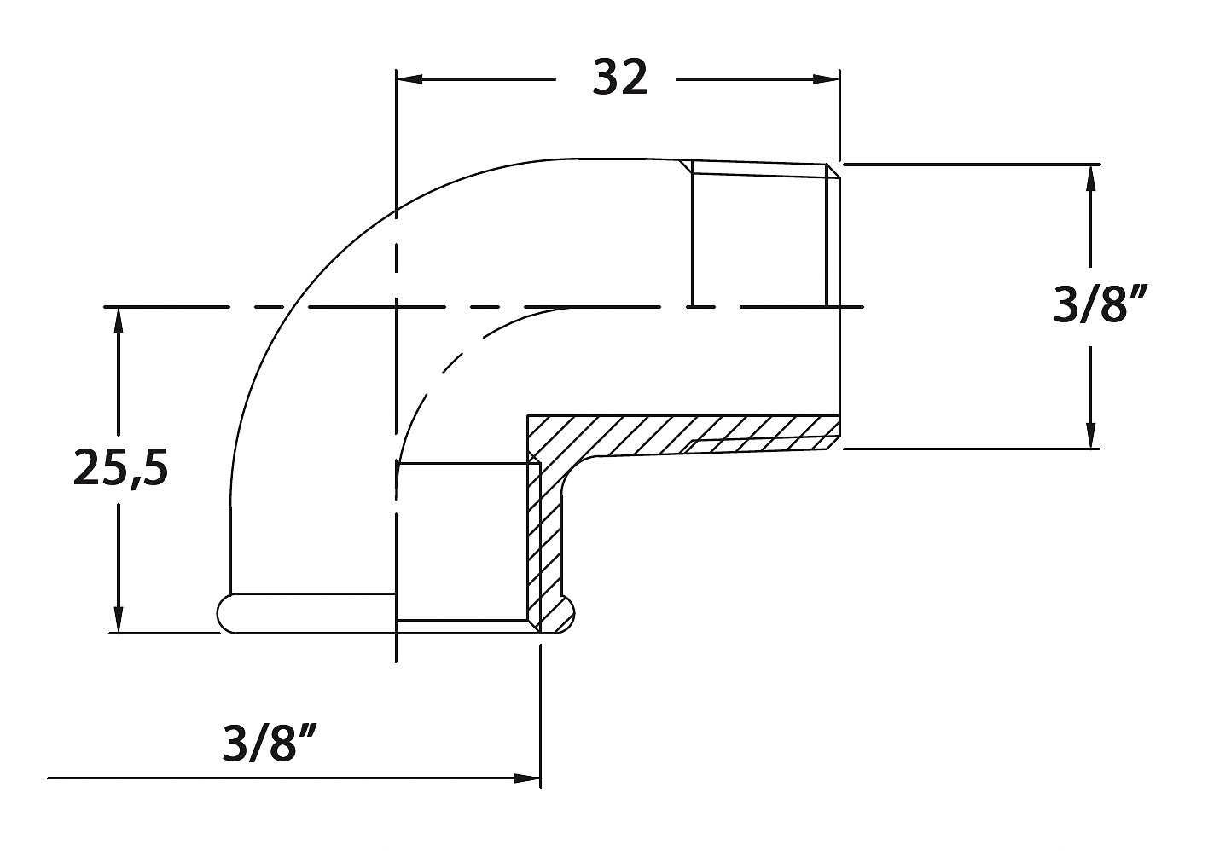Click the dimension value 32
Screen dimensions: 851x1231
pyautogui.click(x=620, y=79)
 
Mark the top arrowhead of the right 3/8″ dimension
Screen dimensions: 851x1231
pyautogui.click(x=1090, y=177)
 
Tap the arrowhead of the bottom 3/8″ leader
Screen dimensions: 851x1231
pyautogui.click(x=528, y=778)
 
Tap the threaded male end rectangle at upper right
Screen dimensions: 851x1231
pyautogui.click(x=759, y=234)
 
